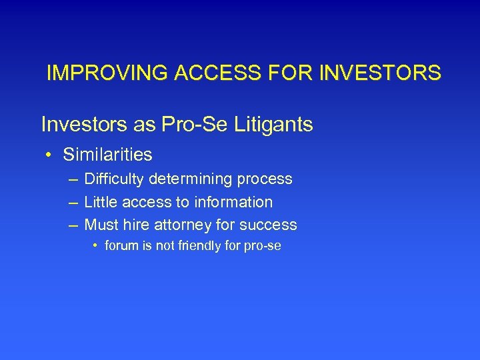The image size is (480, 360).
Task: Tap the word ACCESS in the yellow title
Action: [x=200, y=73]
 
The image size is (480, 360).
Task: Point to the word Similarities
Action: [x=107, y=155]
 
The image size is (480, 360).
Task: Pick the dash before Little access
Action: [x=71, y=202]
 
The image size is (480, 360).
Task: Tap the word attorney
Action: [x=187, y=225]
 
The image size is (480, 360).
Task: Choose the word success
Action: [x=271, y=225]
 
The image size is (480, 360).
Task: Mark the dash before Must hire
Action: [x=71, y=225]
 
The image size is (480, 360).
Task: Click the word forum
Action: [x=121, y=245]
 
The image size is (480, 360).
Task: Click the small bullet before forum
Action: [x=96, y=246]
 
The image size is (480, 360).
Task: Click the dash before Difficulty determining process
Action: [x=71, y=179]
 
